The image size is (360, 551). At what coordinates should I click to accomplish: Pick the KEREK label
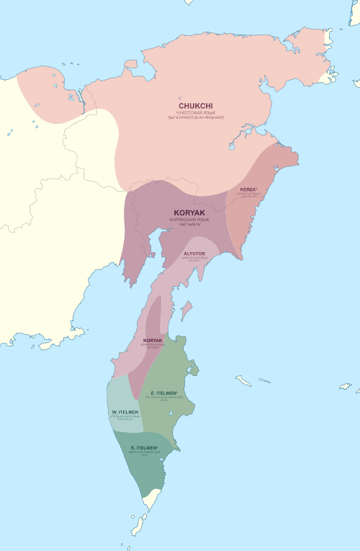[x=248, y=189]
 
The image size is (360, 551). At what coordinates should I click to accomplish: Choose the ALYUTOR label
[x=195, y=254]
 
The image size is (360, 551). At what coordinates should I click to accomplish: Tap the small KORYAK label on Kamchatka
[x=153, y=340]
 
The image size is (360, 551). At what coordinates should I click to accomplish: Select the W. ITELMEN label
[x=125, y=412]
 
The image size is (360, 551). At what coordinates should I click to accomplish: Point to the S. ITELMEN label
[x=145, y=448]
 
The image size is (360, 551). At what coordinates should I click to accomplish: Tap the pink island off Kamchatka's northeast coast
[x=186, y=310]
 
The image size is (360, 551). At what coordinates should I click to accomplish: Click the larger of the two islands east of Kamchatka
[x=241, y=377]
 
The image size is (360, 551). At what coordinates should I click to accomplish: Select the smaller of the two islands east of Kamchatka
[x=264, y=380]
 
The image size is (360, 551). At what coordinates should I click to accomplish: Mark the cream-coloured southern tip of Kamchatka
[x=150, y=497]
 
